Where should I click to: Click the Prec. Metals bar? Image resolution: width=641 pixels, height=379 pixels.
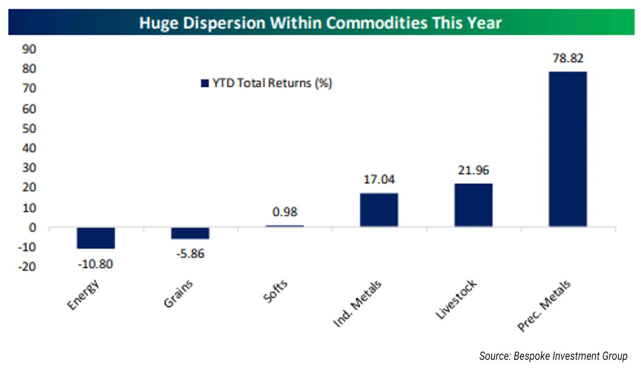pos(568,149)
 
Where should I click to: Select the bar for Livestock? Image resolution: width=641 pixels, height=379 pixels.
pos(473,205)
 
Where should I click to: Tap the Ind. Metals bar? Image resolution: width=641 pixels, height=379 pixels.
pos(379,210)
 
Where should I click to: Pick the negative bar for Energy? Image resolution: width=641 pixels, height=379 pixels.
pos(96,238)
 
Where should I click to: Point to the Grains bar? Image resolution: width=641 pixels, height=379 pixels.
pos(190,233)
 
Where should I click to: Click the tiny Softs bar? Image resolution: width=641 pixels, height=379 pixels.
pos(284,226)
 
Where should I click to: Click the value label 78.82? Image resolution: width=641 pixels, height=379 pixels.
pos(568,59)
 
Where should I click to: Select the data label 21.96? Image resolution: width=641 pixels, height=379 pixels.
pos(473,171)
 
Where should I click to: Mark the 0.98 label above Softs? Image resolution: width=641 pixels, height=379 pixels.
pos(284,212)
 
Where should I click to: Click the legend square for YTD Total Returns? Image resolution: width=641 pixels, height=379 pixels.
pos(205,83)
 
